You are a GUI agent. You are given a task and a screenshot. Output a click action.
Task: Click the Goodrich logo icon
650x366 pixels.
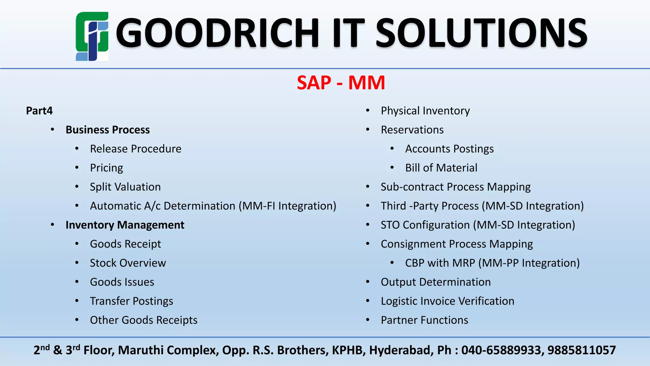click(x=92, y=36)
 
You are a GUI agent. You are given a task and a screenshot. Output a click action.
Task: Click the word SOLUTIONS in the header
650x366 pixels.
click(x=481, y=33)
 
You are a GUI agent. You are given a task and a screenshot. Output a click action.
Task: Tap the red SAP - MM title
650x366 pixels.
click(x=341, y=83)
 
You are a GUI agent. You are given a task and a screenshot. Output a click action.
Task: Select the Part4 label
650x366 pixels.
click(x=39, y=111)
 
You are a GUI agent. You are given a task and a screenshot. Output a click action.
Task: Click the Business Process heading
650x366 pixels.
click(x=108, y=130)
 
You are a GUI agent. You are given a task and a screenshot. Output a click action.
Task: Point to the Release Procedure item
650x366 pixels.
click(x=136, y=149)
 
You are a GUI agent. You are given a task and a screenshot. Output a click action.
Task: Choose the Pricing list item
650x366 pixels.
click(x=106, y=168)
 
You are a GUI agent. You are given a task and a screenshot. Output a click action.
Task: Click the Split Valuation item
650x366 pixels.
click(x=125, y=187)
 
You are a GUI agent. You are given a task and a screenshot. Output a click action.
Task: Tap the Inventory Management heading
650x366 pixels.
click(x=125, y=225)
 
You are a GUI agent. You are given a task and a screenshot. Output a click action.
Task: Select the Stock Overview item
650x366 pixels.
click(x=128, y=263)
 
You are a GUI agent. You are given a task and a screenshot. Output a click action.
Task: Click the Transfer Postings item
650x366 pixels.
click(x=131, y=301)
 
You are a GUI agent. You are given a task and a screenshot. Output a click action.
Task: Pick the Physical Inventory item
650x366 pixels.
click(x=425, y=111)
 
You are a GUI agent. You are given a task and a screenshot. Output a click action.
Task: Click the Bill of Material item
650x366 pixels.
click(x=441, y=168)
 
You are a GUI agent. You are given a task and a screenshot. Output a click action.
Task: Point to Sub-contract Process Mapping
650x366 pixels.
click(x=455, y=187)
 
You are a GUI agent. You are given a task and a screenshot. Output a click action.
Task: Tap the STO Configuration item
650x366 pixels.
click(x=478, y=225)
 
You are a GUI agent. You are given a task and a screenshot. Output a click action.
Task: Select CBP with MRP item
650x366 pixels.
click(x=492, y=263)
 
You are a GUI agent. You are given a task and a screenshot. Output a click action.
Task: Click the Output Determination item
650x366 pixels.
click(x=435, y=282)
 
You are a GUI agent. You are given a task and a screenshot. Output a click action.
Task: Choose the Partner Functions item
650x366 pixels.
click(x=424, y=320)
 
